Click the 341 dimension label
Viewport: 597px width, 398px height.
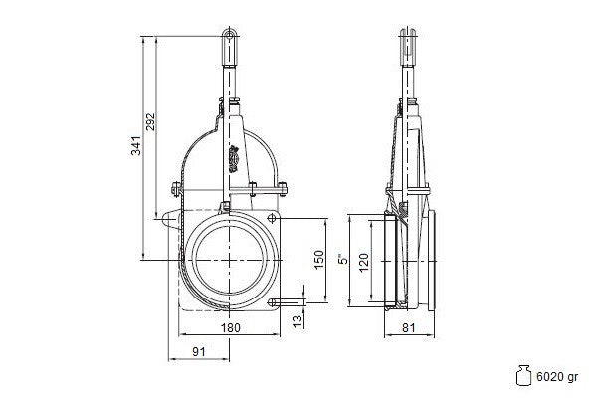coord(136,145)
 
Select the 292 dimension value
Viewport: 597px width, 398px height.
coord(151,121)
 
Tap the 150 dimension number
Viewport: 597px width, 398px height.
coord(319,259)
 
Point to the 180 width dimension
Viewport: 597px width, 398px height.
coord(231,327)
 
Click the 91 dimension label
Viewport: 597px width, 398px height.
coord(199,351)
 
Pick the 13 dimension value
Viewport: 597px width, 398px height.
coord(298,320)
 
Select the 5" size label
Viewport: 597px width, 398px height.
coord(343,259)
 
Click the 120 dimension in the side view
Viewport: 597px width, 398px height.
coord(364,262)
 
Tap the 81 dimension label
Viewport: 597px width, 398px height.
coord(409,327)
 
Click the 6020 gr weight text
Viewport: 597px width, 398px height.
coord(557,377)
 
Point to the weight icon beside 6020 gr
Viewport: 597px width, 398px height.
coord(523,375)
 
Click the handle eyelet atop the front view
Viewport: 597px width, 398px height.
coord(230,35)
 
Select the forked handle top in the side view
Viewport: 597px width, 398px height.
coord(407,45)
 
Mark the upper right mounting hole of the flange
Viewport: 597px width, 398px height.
coord(272,218)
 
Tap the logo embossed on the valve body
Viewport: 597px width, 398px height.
coord(234,159)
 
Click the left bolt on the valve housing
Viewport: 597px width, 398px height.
coord(175,189)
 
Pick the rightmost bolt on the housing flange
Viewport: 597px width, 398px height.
coord(283,189)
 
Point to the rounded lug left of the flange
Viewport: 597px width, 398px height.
coord(170,219)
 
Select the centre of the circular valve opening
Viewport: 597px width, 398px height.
coord(230,260)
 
